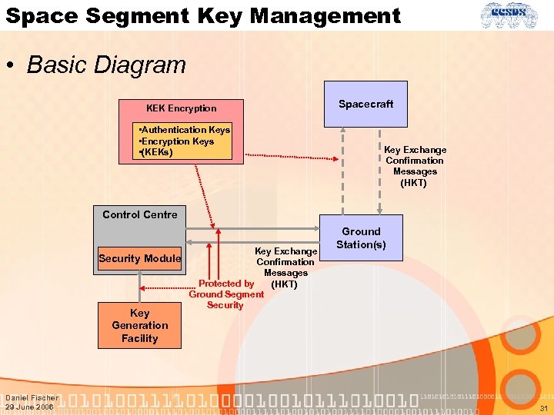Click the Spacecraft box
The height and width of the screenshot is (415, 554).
(x=365, y=104)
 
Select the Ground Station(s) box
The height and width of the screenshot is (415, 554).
(x=361, y=237)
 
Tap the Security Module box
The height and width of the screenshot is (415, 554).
(x=139, y=258)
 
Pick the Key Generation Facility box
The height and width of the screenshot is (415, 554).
(x=139, y=325)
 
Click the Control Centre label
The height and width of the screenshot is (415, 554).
(x=139, y=214)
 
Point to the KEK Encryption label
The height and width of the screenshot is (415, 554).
(x=182, y=108)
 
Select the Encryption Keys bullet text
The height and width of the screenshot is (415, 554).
(x=177, y=141)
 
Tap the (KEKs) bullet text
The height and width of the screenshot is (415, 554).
(x=157, y=152)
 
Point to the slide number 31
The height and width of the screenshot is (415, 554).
(x=543, y=408)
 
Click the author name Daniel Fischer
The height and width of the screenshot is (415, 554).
(x=31, y=397)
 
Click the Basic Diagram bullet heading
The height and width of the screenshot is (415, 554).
(x=106, y=65)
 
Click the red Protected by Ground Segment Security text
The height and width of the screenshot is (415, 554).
(x=225, y=294)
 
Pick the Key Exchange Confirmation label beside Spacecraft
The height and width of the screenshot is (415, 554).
(x=415, y=166)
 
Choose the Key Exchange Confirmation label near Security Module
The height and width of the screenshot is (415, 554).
(x=285, y=262)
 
